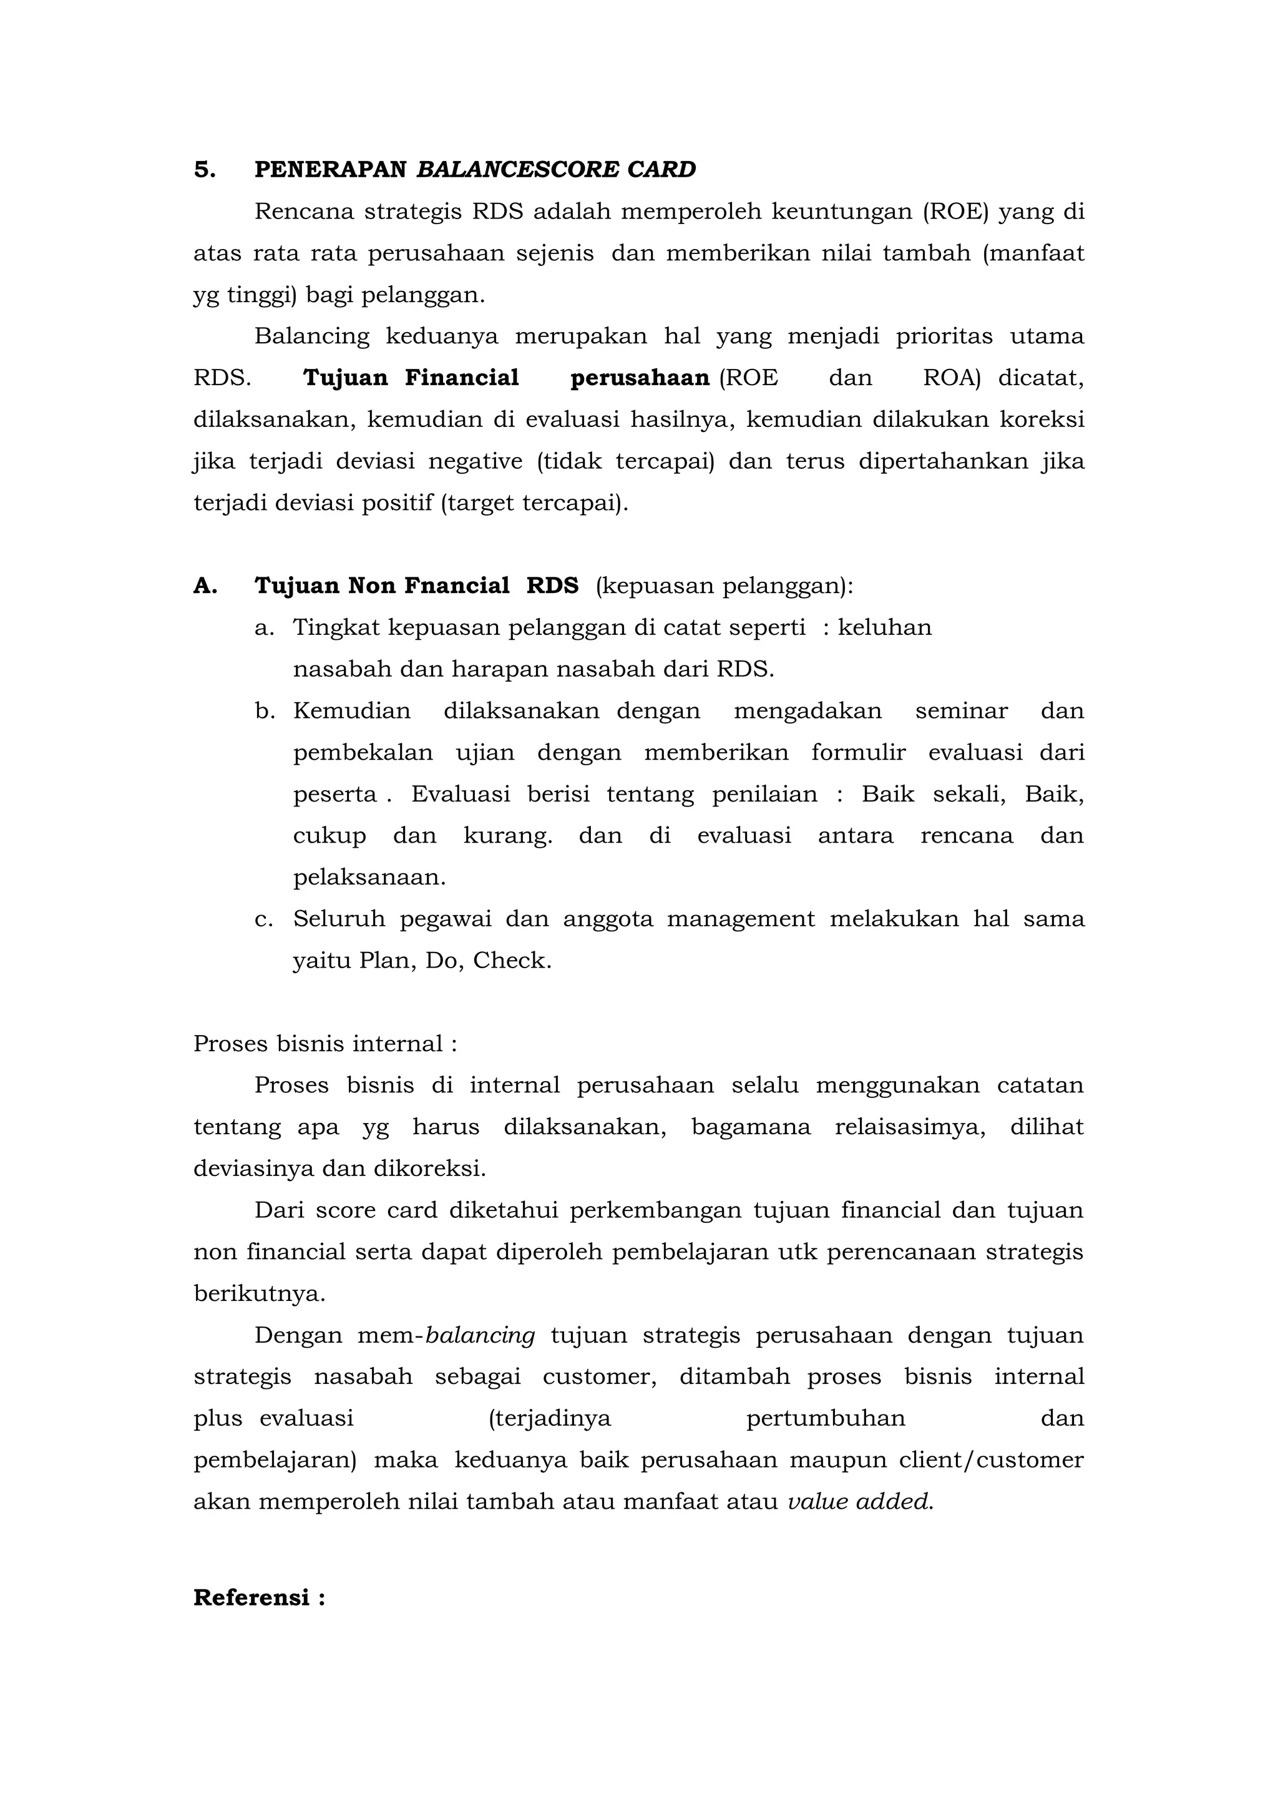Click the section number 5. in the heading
pos(205,170)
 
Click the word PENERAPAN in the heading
pos(330,170)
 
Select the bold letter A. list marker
pos(205,586)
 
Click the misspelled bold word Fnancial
pos(456,586)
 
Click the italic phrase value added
pos(859,1503)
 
